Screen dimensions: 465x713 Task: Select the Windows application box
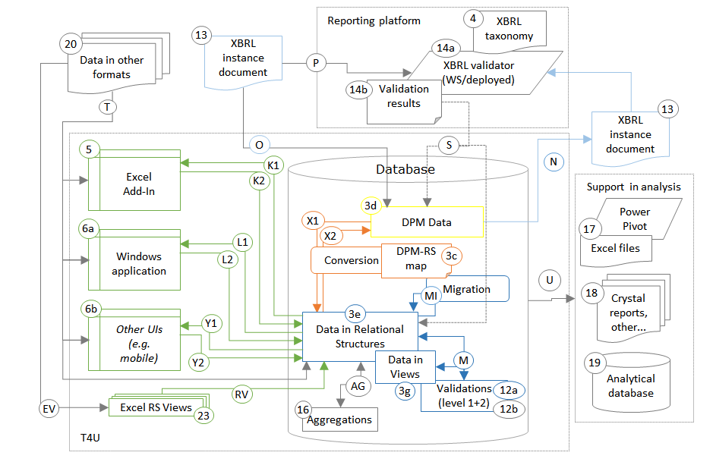tap(135, 262)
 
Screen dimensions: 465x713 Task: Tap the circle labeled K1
tap(273, 165)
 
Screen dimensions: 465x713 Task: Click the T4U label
tap(90, 437)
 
